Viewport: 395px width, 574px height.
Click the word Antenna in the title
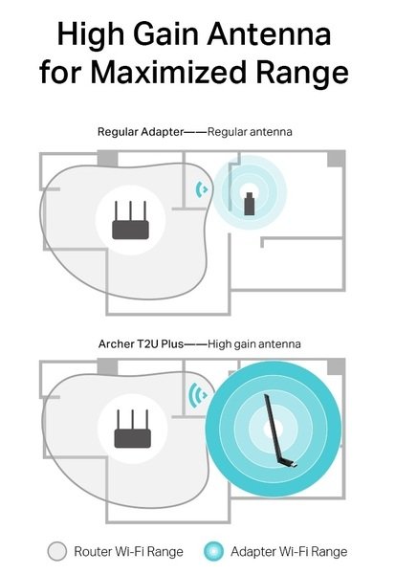pyautogui.click(x=269, y=33)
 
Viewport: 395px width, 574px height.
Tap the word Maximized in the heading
pyautogui.click(x=167, y=71)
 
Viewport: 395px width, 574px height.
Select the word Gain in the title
pyautogui.click(x=167, y=33)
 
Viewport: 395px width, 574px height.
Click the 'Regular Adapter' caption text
pyautogui.click(x=141, y=132)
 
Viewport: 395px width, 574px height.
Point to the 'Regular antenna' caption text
pyautogui.click(x=250, y=132)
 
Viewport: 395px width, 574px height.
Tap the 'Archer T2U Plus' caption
pyautogui.click(x=141, y=344)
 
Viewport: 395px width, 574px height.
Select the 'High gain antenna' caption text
pyautogui.click(x=254, y=344)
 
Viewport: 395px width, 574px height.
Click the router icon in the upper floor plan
pyautogui.click(x=130, y=220)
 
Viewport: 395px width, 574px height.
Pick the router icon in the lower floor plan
pyautogui.click(x=133, y=429)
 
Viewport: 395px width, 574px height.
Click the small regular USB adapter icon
pyautogui.click(x=250, y=204)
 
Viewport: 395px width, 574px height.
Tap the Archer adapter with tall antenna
pyautogui.click(x=279, y=430)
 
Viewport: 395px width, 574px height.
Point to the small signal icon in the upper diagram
pyautogui.click(x=201, y=189)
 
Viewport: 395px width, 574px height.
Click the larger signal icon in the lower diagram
pyautogui.click(x=198, y=395)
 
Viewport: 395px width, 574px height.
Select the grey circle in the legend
pyautogui.click(x=57, y=551)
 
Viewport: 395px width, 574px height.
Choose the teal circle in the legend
pyautogui.click(x=213, y=551)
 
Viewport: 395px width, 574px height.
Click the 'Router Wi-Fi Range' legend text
pyautogui.click(x=128, y=552)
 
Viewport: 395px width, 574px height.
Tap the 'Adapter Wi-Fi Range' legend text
pyautogui.click(x=289, y=552)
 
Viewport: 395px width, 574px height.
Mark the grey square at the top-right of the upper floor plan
pyautogui.click(x=336, y=159)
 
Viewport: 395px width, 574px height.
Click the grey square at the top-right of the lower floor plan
pyautogui.click(x=336, y=366)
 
